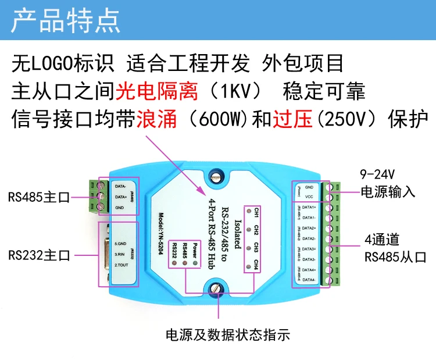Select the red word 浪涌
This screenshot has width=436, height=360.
[155, 120]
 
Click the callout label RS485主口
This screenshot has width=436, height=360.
[39, 198]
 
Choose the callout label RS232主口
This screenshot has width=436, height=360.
[39, 255]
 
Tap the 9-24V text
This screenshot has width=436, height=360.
[378, 174]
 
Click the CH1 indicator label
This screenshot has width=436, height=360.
[256, 211]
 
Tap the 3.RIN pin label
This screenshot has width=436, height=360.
[121, 254]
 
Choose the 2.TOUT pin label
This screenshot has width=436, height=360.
[122, 265]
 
